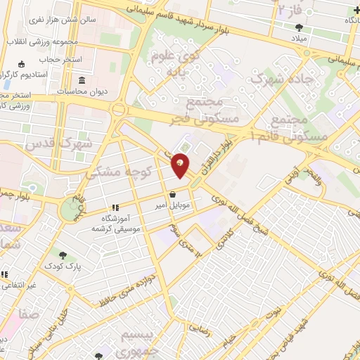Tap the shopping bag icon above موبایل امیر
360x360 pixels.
pos(172,195)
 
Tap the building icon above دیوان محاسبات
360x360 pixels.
pos(83,79)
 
